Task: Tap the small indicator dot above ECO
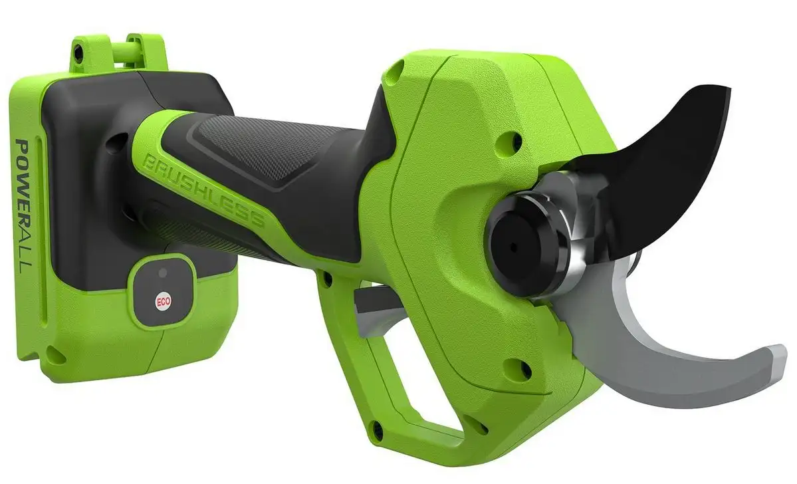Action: point(163,273)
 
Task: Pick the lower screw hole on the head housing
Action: point(518,370)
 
